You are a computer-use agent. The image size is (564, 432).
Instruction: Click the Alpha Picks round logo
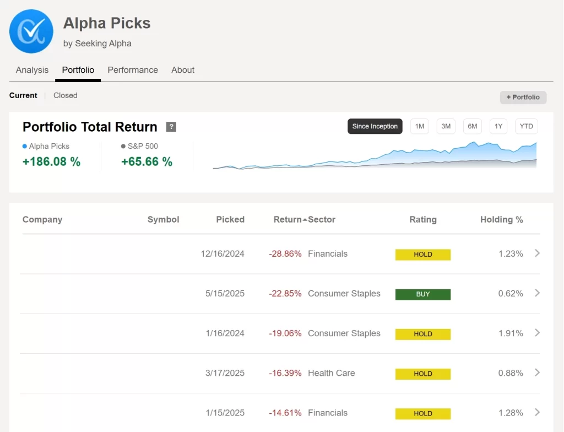pos(31,31)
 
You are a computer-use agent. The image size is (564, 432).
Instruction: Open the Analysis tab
pos(32,70)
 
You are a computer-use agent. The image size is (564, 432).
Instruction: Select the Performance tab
pos(133,70)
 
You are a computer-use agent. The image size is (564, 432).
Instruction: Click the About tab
pos(183,70)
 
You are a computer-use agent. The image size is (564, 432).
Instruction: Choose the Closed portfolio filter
pos(65,95)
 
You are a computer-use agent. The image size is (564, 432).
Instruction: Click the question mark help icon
pos(171,127)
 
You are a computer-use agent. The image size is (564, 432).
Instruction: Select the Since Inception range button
pos(375,126)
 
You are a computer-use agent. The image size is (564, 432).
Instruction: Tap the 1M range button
pos(420,126)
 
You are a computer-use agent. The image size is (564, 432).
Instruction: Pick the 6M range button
pos(473,126)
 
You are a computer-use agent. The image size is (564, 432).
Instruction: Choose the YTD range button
pos(527,126)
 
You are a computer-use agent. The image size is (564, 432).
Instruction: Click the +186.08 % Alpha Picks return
pos(51,161)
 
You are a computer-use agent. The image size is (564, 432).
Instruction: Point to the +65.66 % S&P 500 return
pos(147,161)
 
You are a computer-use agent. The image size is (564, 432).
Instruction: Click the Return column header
pos(288,219)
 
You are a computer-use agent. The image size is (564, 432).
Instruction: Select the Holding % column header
pos(501,219)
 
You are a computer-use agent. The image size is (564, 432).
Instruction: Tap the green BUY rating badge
pos(423,294)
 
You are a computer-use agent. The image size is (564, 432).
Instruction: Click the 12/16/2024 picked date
pos(223,254)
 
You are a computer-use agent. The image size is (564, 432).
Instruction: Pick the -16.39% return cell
pos(285,373)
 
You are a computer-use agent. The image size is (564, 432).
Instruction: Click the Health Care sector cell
pos(332,373)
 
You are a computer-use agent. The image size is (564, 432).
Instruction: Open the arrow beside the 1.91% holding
pos(538,333)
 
